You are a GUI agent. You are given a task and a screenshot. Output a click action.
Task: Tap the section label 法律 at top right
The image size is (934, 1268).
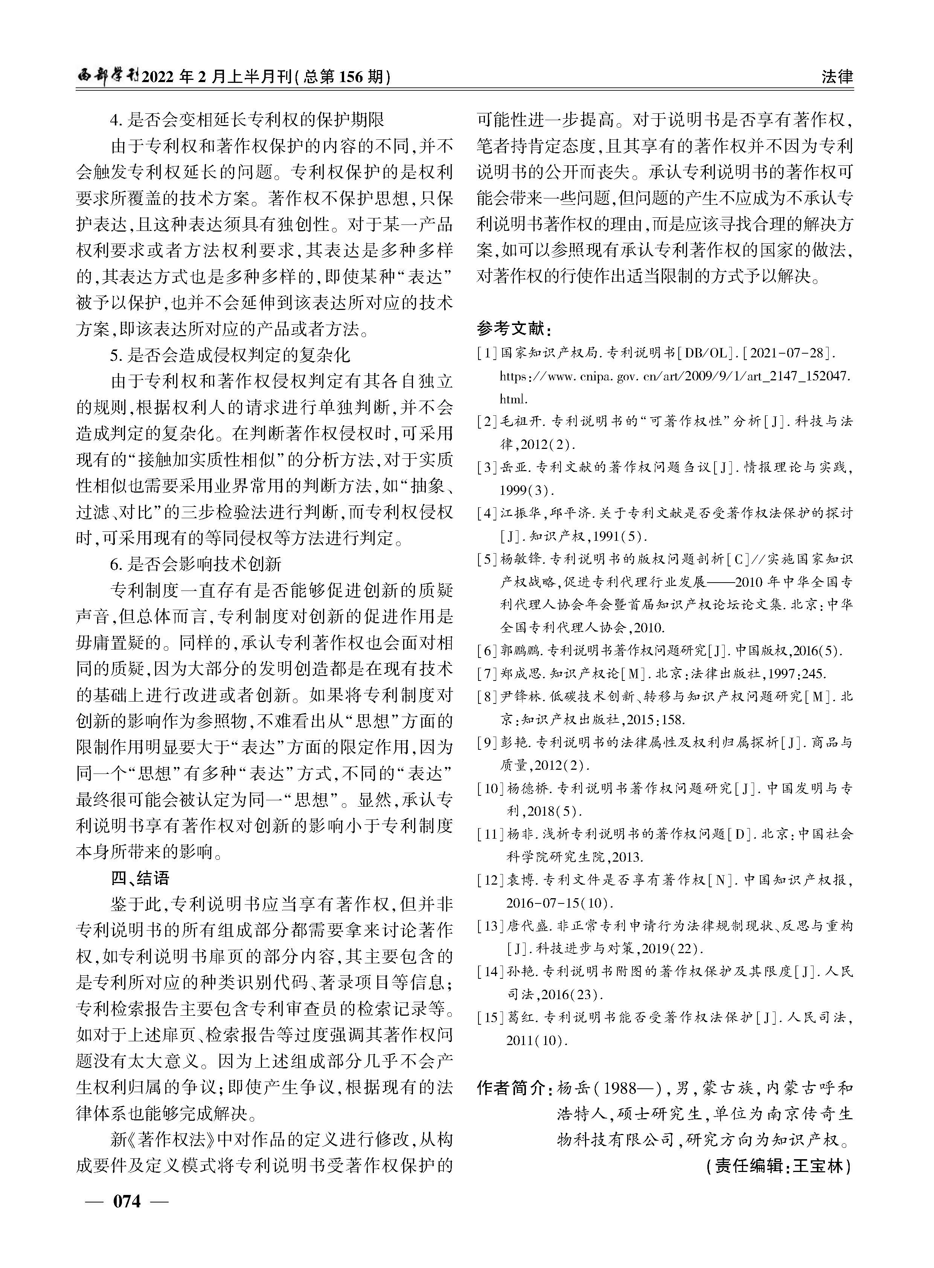(x=837, y=76)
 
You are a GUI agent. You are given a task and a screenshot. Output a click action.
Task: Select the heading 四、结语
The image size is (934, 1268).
(x=140, y=878)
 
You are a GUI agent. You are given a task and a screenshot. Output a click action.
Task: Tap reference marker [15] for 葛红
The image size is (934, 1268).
(x=490, y=1018)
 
